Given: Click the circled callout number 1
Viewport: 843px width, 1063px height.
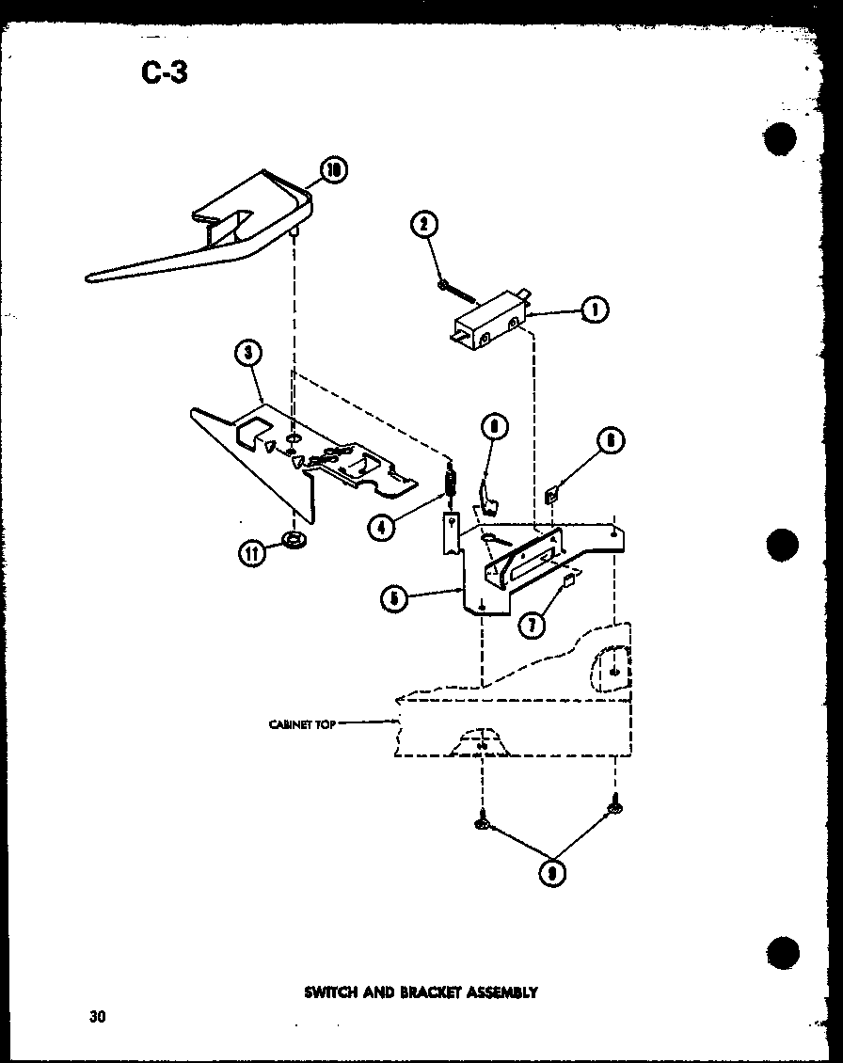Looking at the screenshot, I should click(x=593, y=309).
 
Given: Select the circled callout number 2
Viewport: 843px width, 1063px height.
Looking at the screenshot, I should click(x=425, y=224).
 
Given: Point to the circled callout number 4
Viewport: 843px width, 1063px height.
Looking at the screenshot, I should click(x=381, y=528).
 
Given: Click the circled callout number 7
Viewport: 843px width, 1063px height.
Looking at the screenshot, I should click(x=533, y=624).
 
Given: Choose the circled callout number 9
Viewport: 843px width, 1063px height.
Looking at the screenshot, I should click(x=550, y=874).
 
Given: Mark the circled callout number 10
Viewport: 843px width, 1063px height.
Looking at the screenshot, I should click(x=332, y=170).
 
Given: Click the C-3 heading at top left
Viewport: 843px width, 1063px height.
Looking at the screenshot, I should click(x=165, y=71).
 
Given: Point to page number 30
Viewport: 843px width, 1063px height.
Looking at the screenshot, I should click(x=97, y=1016).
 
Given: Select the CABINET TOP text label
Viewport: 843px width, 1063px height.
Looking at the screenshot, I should click(x=302, y=723).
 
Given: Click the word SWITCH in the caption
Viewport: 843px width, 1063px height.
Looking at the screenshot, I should click(x=331, y=992).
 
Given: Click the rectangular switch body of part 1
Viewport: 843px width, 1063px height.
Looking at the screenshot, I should click(x=485, y=325).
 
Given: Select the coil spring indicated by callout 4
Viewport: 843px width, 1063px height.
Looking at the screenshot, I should click(x=452, y=484).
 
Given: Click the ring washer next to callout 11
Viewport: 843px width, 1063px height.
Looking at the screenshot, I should click(x=294, y=542).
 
